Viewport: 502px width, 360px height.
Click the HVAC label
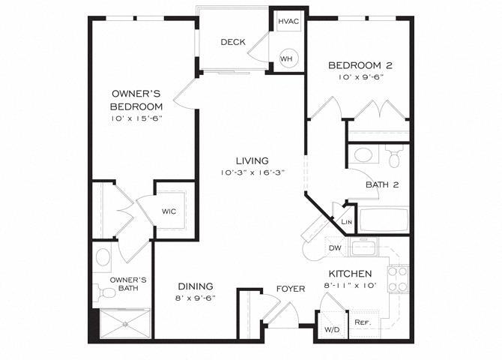(x=288, y=21)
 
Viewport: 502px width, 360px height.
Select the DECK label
(x=232, y=42)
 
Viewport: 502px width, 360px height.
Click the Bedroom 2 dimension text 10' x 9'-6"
(x=360, y=77)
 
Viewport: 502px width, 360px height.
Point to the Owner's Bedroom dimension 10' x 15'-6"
(x=136, y=118)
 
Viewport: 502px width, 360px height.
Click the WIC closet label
(x=169, y=211)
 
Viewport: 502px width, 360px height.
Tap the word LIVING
(x=252, y=160)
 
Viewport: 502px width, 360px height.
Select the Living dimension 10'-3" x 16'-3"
(x=252, y=173)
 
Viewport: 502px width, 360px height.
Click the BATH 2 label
(x=381, y=184)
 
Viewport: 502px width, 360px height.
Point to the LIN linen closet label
(x=346, y=222)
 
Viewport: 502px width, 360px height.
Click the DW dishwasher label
(x=334, y=248)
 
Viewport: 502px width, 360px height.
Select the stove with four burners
(x=398, y=279)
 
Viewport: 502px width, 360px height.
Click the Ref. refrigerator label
(x=363, y=322)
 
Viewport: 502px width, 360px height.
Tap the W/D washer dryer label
(x=330, y=328)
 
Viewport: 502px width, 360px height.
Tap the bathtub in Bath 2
(x=384, y=221)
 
